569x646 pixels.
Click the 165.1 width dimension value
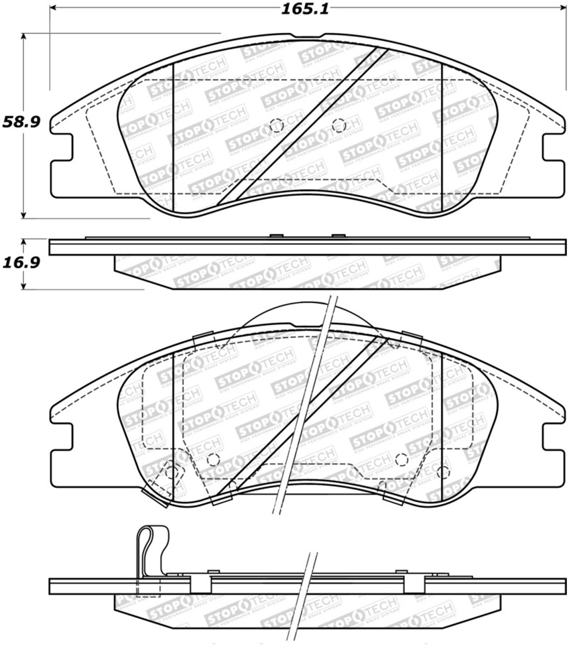point(306,9)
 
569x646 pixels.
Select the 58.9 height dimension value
point(21,122)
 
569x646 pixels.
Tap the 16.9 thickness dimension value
point(21,263)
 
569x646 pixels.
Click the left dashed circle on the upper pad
point(276,125)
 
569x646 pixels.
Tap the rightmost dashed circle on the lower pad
point(443,472)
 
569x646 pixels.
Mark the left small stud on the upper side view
point(276,235)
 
